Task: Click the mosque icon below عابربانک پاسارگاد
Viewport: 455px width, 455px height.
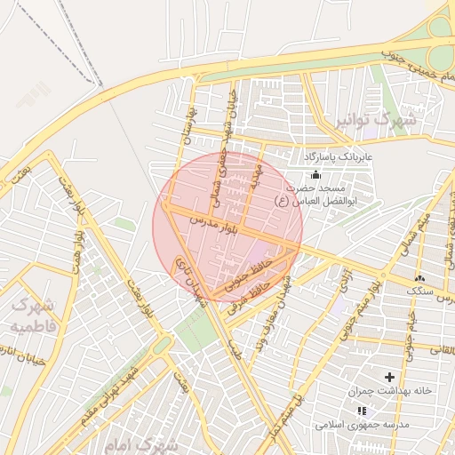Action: click(x=316, y=174)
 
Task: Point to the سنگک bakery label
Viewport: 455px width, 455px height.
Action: click(x=417, y=291)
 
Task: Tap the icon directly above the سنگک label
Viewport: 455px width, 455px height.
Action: click(x=418, y=278)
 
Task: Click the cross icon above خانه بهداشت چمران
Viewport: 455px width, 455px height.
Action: click(x=389, y=378)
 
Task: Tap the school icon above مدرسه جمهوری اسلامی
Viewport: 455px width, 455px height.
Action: click(x=361, y=411)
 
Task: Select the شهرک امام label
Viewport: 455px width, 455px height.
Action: click(x=140, y=442)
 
